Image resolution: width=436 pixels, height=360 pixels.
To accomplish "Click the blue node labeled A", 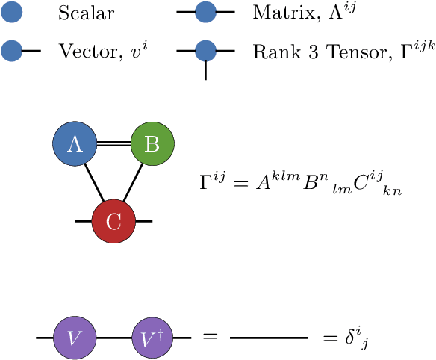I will (75, 144).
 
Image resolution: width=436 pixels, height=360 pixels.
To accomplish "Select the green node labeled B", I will (152, 144).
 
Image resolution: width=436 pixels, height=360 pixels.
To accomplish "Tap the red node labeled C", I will (113, 221).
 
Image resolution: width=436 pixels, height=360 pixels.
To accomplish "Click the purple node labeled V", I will (74, 338).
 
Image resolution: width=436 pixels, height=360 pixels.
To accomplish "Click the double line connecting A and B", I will (113, 144).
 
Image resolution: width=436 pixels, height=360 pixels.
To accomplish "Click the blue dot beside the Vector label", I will (12, 51).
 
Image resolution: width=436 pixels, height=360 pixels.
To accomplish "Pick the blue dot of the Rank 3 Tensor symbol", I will (205, 51).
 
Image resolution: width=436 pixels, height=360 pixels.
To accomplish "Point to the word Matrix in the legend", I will (275, 13).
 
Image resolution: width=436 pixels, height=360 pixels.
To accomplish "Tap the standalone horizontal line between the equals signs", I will (269, 338).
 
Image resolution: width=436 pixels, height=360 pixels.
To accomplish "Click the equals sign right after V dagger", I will (210, 338).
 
